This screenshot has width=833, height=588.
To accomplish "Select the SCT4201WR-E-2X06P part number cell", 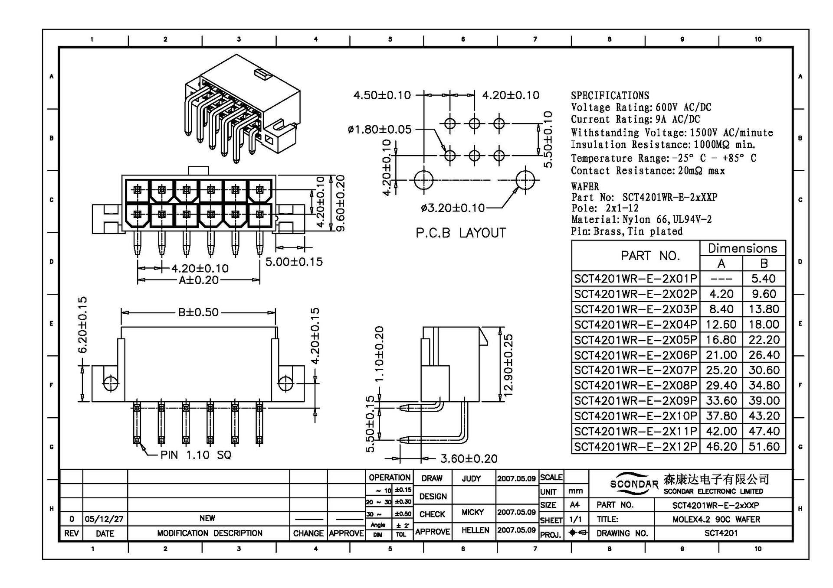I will pyautogui.click(x=636, y=355).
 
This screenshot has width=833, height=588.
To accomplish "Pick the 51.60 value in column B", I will pyautogui.click(x=764, y=447).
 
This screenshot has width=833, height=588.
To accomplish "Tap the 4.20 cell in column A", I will pyautogui.click(x=721, y=294).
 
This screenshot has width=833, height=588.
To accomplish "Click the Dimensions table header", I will pyautogui.click(x=742, y=248).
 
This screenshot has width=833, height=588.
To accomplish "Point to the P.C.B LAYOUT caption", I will pyautogui.click(x=461, y=233).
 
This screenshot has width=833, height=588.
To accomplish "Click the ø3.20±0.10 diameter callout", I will pyautogui.click(x=453, y=208).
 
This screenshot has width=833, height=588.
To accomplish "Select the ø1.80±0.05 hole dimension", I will pyautogui.click(x=380, y=129).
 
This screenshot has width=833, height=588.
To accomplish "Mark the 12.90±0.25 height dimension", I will pyautogui.click(x=508, y=364).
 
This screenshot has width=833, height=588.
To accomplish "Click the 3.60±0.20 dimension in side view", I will pyautogui.click(x=469, y=458).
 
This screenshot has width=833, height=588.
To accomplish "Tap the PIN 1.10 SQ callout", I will pyautogui.click(x=196, y=455).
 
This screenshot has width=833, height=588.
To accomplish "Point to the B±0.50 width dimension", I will pyautogui.click(x=198, y=312).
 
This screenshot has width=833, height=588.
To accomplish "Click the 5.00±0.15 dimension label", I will pyautogui.click(x=294, y=262).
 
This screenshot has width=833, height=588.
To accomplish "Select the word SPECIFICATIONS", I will pyautogui.click(x=610, y=96).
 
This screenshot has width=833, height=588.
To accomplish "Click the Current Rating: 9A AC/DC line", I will pyautogui.click(x=635, y=119).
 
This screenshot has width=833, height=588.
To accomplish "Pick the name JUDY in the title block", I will pyautogui.click(x=471, y=478).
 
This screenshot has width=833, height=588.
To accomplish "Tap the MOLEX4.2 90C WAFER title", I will pyautogui.click(x=716, y=519).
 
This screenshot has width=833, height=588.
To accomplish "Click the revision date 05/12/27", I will pyautogui.click(x=104, y=519).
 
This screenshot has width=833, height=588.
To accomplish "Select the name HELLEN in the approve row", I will pyautogui.click(x=475, y=530).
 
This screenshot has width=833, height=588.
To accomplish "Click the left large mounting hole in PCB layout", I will pyautogui.click(x=423, y=180).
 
